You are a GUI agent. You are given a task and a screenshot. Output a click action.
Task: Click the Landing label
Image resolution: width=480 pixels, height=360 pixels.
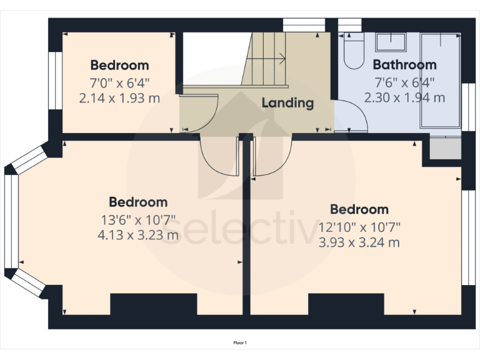click(x=287, y=103)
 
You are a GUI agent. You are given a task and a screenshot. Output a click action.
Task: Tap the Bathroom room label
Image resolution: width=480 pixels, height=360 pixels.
click(x=404, y=64)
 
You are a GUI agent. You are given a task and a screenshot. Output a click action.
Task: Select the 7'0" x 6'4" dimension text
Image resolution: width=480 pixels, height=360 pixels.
click(x=119, y=82)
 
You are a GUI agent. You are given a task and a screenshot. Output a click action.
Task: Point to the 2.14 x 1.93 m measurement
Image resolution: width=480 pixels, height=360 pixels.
click(x=119, y=97)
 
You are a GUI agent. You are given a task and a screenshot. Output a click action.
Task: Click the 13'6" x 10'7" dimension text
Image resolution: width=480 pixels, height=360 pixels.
click(x=138, y=220)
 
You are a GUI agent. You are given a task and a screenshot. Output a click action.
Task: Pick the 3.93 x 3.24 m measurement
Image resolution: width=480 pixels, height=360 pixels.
click(x=359, y=242)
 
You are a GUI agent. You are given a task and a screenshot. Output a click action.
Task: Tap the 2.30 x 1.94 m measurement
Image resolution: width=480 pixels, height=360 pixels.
click(x=404, y=97)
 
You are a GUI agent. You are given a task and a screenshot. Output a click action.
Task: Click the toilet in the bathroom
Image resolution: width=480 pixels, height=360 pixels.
click(x=354, y=53)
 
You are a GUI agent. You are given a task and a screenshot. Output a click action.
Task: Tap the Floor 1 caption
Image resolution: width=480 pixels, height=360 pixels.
click(x=240, y=342)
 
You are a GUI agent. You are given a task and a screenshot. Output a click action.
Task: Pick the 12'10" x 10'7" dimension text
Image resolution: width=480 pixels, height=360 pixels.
click(x=359, y=227)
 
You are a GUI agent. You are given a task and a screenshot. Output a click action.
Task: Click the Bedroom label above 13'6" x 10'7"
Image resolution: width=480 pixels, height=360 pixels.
click(x=138, y=202)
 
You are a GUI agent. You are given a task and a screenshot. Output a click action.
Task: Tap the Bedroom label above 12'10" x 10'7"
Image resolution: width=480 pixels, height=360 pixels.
click(x=359, y=209)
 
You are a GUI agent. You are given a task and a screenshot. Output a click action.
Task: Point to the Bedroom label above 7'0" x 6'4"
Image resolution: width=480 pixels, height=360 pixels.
click(x=119, y=64)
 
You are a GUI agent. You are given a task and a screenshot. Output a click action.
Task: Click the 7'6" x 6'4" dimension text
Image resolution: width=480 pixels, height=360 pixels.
click(x=404, y=82)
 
